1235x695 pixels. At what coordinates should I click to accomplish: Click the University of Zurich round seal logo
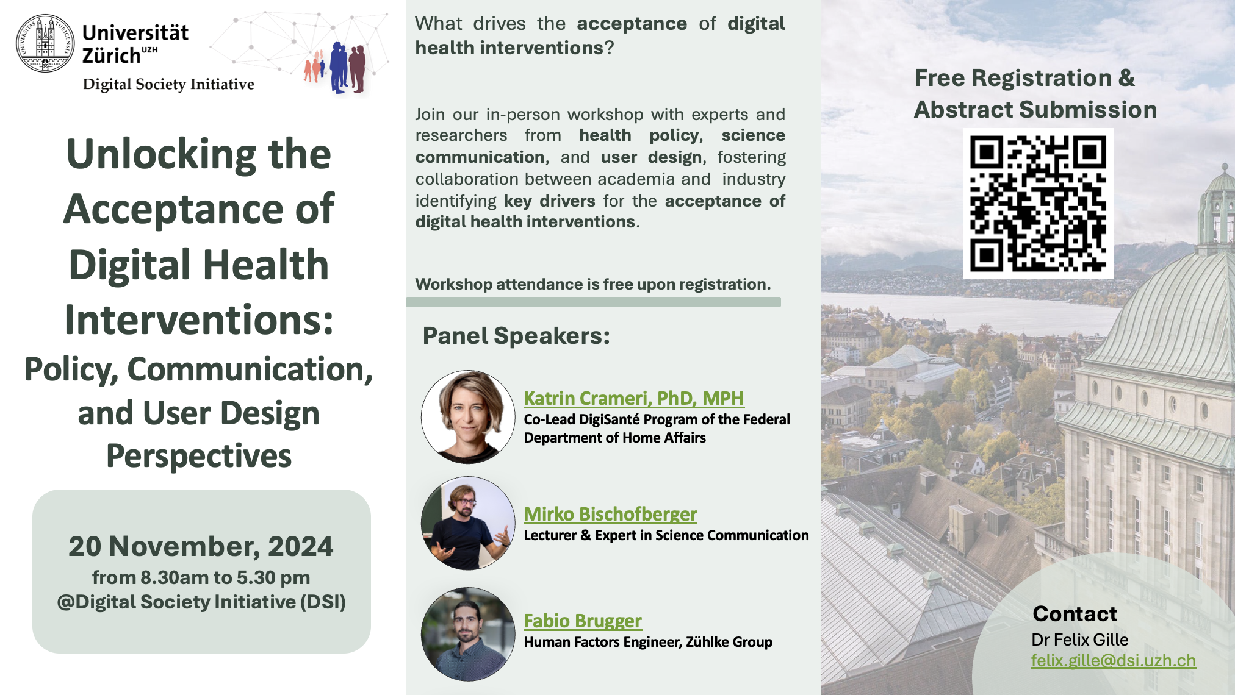click(x=45, y=44)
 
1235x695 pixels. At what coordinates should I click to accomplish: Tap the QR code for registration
click(x=1038, y=204)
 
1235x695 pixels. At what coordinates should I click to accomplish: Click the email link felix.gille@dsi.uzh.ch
click(x=1114, y=661)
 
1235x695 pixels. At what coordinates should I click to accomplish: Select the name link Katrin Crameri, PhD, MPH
click(x=633, y=398)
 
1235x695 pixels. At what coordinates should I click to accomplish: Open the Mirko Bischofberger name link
click(x=610, y=514)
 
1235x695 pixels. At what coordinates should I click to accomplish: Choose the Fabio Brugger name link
click(x=583, y=621)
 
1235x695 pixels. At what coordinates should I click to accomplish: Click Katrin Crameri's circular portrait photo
click(x=468, y=417)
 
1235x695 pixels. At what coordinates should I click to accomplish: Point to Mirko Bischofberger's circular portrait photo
click(x=468, y=523)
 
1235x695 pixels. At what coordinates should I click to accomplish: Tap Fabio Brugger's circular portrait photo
click(x=468, y=634)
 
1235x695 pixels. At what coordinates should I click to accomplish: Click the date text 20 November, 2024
click(x=201, y=546)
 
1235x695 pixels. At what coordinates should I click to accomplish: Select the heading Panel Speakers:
click(x=516, y=336)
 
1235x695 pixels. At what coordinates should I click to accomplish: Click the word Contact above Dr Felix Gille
click(x=1075, y=614)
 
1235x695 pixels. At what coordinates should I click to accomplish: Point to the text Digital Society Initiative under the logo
click(x=168, y=84)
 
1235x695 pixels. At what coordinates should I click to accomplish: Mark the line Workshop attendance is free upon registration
click(x=593, y=284)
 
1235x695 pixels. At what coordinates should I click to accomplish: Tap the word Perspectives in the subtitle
click(x=199, y=456)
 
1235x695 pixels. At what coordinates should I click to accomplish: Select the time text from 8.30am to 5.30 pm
click(x=201, y=577)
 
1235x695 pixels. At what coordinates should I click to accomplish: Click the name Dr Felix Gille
click(x=1080, y=640)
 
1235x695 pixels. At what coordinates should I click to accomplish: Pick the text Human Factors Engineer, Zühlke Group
click(x=648, y=642)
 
